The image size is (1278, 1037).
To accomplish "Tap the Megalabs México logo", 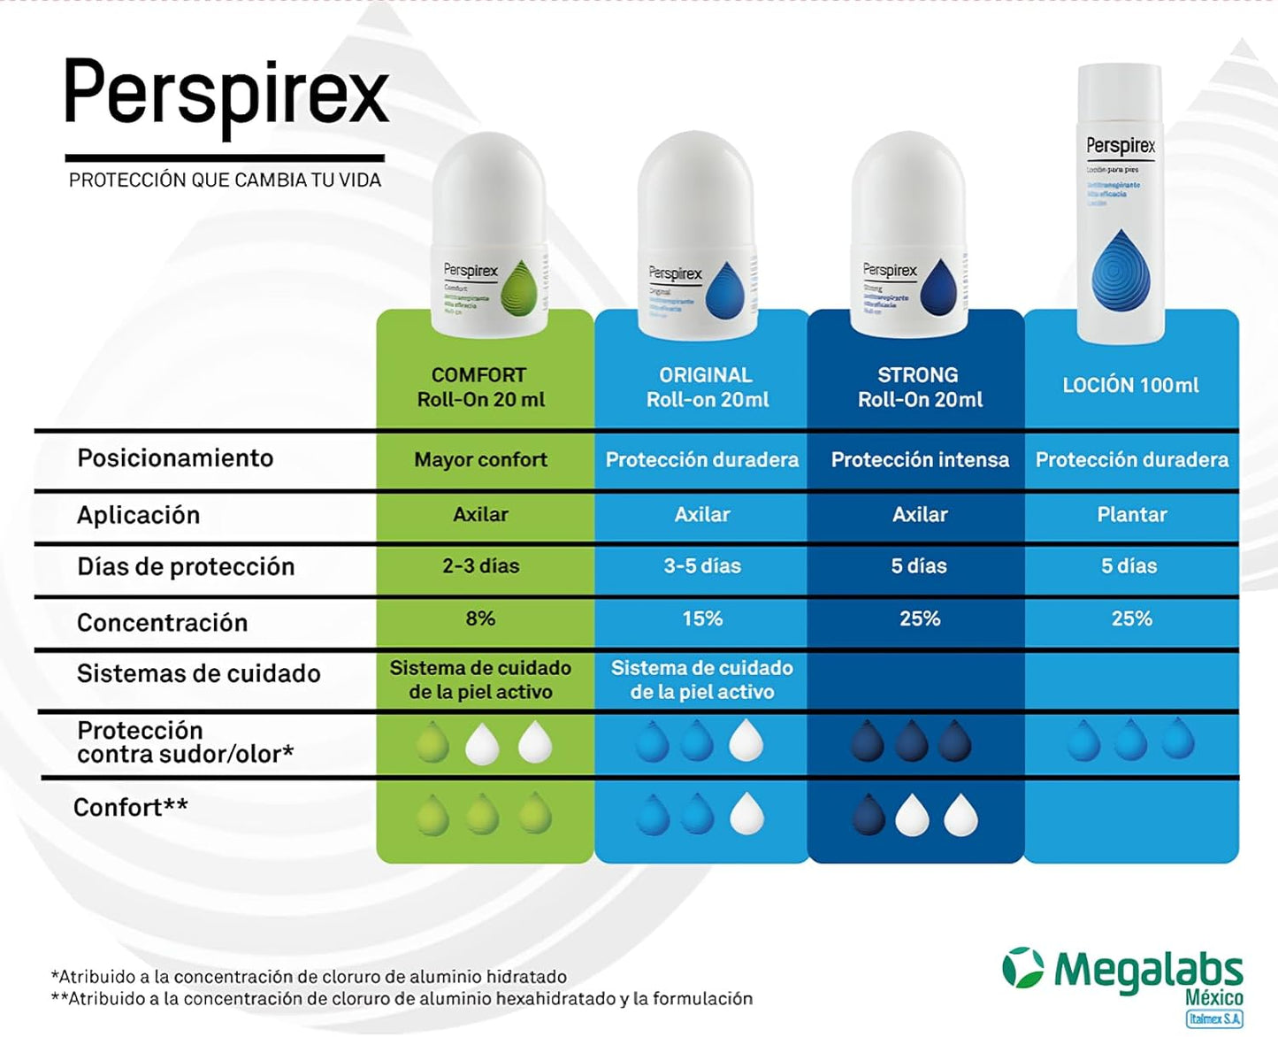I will tap(1123, 978).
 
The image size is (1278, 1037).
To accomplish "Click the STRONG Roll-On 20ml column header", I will tap(919, 388).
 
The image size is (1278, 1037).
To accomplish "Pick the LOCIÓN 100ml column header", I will tap(1130, 386).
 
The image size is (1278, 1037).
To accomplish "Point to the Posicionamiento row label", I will tap(175, 458).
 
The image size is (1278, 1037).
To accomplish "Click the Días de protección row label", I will tap(186, 567).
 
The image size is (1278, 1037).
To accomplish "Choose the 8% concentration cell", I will tap(480, 618).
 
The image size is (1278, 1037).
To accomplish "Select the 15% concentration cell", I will tap(702, 619).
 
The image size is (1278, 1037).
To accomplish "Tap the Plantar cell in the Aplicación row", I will tap(1132, 515).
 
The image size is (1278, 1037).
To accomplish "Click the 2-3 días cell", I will tap(480, 566).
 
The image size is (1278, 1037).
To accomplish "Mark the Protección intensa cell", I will tap(920, 460).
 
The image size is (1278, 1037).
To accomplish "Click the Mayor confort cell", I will tap(480, 460).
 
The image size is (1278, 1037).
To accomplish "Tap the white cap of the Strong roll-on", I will tap(908, 186).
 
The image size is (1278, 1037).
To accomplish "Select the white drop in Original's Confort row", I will tap(746, 814).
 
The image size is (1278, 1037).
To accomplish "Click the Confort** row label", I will tap(131, 808).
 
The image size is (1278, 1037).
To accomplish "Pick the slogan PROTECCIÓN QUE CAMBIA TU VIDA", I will tap(225, 181).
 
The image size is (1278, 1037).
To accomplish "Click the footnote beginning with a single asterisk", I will tap(309, 977).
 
